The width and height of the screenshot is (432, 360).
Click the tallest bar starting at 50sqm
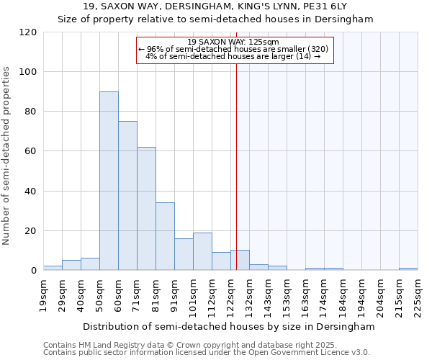[x=109, y=181]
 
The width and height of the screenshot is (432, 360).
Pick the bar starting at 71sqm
[x=146, y=209]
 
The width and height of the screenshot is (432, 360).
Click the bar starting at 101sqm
[x=202, y=251]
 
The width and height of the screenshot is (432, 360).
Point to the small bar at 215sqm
[x=408, y=269]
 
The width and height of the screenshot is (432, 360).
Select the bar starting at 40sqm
[x=90, y=264]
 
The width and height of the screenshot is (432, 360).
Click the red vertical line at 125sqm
[x=236, y=180]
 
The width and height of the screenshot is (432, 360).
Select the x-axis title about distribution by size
[x=229, y=326]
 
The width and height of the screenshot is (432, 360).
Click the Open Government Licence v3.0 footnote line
[x=207, y=352]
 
